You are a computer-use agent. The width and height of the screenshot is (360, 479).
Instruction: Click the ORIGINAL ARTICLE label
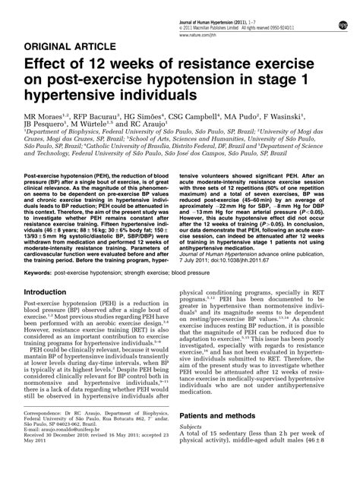62,45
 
